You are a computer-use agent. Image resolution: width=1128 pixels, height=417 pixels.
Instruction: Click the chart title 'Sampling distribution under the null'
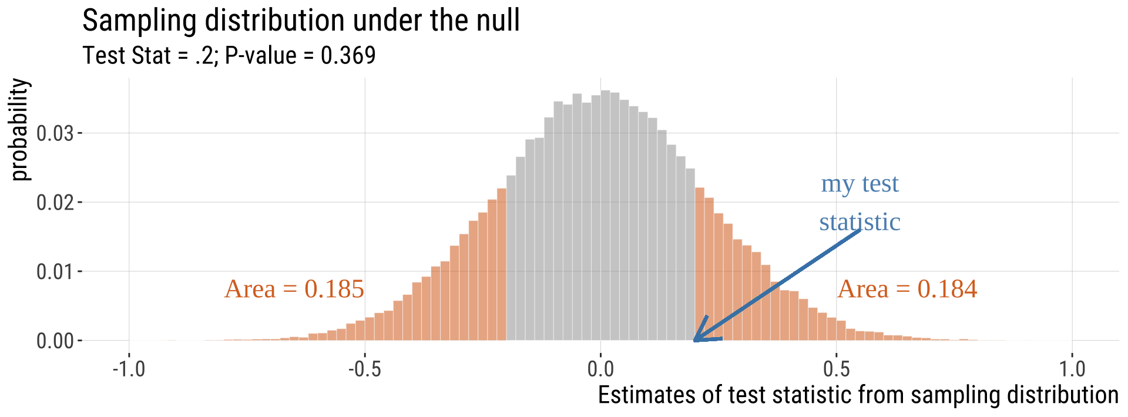coord(301,21)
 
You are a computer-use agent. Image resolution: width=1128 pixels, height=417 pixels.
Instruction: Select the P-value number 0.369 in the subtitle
coord(348,56)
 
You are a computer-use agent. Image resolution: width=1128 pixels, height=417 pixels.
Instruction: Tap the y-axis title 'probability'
coord(20,129)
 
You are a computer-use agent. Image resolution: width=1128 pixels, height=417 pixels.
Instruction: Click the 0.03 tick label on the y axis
coord(55,133)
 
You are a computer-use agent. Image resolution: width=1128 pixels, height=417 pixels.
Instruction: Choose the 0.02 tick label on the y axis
coord(55,203)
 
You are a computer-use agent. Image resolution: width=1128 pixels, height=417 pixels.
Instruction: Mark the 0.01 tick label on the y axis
coord(55,272)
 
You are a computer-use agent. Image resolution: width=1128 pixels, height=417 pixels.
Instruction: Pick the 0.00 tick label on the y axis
coord(55,341)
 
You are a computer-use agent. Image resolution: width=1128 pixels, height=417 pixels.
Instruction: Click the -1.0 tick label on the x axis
coord(129,369)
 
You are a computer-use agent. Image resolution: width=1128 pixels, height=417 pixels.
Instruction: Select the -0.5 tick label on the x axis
coord(364,369)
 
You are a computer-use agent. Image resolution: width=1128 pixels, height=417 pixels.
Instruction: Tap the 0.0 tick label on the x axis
coord(600,369)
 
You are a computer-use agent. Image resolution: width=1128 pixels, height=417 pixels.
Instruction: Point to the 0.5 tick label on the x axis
coord(836,369)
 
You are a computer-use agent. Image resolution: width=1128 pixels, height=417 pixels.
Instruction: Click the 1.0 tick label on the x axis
coord(1072,369)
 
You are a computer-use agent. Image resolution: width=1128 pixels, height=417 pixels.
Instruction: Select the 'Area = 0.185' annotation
coord(294,289)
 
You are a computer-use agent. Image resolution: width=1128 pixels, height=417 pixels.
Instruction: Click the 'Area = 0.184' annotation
coord(907,289)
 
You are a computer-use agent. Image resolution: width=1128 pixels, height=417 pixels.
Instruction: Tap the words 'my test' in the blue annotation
coord(860,184)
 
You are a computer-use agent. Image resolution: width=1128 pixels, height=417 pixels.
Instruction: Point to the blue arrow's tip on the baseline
coord(695,340)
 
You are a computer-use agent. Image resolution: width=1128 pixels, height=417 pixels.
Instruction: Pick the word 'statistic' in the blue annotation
coord(860,222)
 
